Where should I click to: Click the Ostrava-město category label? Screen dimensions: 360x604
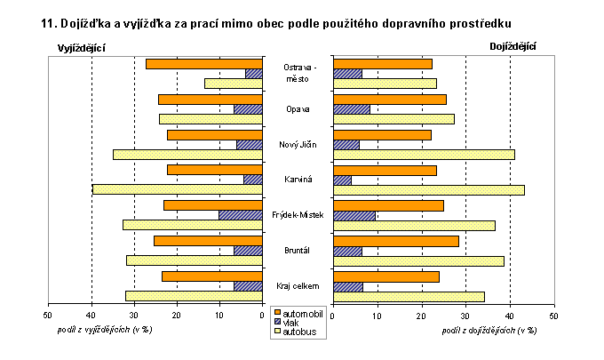tap(298, 73)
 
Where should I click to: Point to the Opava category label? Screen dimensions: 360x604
tap(298, 109)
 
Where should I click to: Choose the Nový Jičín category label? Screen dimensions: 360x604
tap(298, 145)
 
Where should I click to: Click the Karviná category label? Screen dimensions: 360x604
tap(298, 180)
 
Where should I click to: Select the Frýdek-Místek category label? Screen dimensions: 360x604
tap(298, 215)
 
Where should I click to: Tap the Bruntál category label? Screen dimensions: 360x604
tap(298, 250)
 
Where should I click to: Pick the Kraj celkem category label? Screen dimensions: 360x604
tap(298, 285)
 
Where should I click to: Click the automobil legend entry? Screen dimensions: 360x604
tap(299, 314)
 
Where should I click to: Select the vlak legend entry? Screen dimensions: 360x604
tap(291, 323)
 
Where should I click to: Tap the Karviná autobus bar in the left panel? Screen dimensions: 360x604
tap(178, 189)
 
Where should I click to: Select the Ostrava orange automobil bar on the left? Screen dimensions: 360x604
tap(204, 63)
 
